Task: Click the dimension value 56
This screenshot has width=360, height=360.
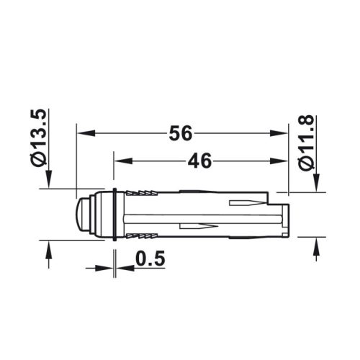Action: coord(181,134)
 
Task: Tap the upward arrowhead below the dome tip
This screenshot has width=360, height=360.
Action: coord(49,248)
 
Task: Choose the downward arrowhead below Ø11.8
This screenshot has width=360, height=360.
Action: coord(315,184)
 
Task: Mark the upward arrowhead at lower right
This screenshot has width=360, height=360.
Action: coord(315,244)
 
